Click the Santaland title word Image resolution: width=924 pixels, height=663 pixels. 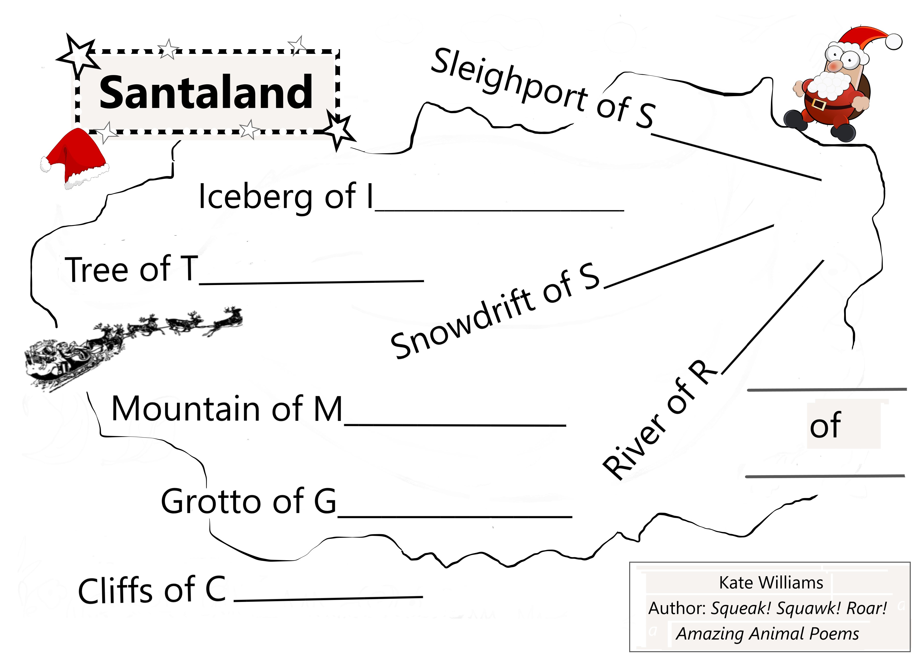(x=206, y=93)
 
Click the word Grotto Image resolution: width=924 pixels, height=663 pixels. (x=212, y=501)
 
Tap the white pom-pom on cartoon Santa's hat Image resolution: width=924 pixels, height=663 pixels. (x=894, y=42)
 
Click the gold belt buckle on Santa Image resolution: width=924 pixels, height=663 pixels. (x=819, y=104)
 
